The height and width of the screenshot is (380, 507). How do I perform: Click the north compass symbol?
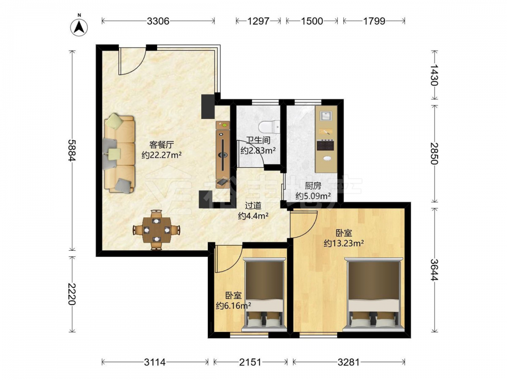pyautogui.click(x=79, y=26)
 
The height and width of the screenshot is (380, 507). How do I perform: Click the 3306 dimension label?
pyautogui.click(x=158, y=21)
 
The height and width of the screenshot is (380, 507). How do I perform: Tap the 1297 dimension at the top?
pyautogui.click(x=259, y=21)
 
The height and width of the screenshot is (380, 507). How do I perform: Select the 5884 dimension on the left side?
pyautogui.click(x=72, y=150)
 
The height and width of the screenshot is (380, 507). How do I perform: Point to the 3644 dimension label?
pyautogui.click(x=434, y=270)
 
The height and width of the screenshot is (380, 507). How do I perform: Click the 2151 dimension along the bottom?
pyautogui.click(x=250, y=362)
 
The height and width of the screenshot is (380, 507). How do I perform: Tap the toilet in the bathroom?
pyautogui.click(x=270, y=127)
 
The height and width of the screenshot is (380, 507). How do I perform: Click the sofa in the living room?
pyautogui.click(x=119, y=154)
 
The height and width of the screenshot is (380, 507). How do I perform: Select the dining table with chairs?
pyautogui.click(x=157, y=230)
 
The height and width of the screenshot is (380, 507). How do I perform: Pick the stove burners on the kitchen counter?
pyautogui.click(x=325, y=145)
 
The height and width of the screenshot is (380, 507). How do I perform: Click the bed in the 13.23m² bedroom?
pyautogui.click(x=374, y=294)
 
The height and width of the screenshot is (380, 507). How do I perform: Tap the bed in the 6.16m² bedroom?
pyautogui.click(x=265, y=294)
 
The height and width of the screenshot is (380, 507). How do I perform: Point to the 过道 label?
pyautogui.click(x=253, y=206)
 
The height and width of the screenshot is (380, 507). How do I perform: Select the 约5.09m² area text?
pyautogui.click(x=313, y=196)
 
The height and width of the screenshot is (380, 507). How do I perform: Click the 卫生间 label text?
pyautogui.click(x=258, y=140)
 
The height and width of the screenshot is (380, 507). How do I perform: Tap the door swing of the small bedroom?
pyautogui.click(x=228, y=259)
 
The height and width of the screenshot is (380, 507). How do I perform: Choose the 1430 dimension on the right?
pyautogui.click(x=434, y=75)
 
